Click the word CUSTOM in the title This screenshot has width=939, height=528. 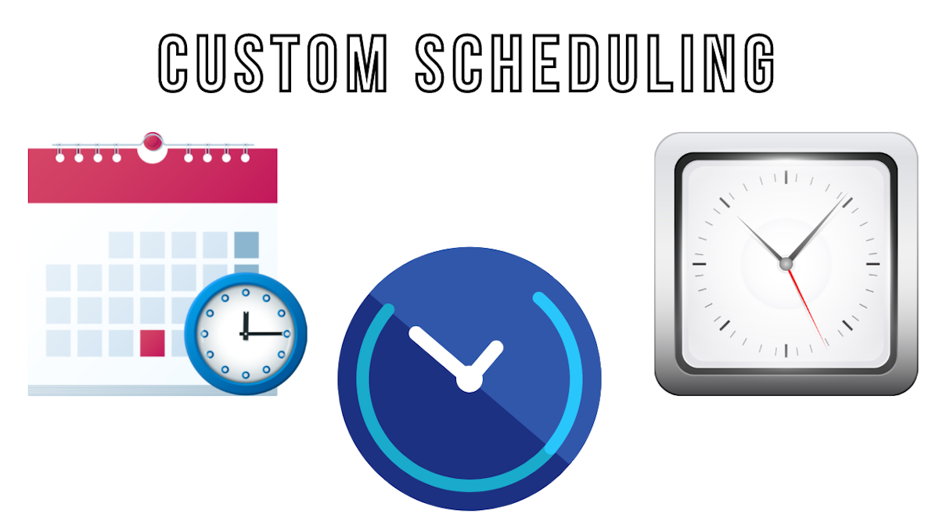tap(273, 63)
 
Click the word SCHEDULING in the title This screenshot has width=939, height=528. tap(595, 63)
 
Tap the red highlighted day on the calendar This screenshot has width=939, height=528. tap(152, 343)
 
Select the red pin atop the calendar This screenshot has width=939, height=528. tap(153, 142)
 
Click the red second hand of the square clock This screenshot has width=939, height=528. tap(808, 309)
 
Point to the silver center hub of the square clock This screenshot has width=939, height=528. tap(786, 264)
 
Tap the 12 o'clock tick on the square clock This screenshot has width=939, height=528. tap(786, 178)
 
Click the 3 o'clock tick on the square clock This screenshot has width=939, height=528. tap(872, 264)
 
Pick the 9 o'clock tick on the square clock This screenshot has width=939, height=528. tap(700, 264)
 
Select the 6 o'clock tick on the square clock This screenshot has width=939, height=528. tap(786, 350)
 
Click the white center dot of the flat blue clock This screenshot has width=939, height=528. tap(469, 379)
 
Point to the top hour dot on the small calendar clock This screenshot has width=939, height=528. tap(246, 293)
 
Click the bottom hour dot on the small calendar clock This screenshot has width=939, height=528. tap(246, 375)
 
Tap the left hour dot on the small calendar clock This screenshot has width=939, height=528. tap(204, 334)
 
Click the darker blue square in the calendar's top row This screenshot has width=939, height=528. tap(246, 245)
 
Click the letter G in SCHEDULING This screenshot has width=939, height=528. tap(760, 63)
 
